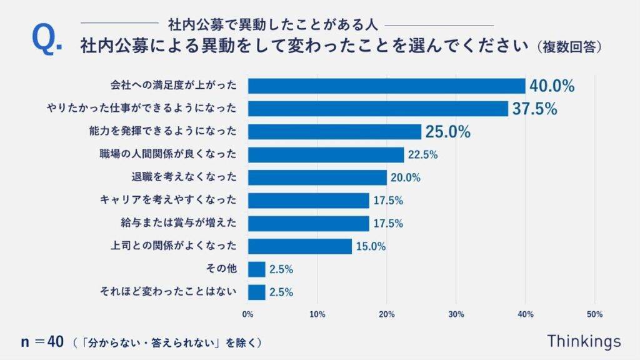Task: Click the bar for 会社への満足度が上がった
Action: point(386,86)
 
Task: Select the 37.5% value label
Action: point(534,109)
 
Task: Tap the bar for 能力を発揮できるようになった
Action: point(334,132)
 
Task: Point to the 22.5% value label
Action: point(422,154)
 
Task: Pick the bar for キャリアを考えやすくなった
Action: point(308,201)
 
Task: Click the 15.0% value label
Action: point(371,246)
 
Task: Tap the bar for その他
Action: point(256,269)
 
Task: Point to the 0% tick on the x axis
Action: point(248,314)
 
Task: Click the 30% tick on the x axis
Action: point(456,314)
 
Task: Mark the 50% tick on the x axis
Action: point(594,314)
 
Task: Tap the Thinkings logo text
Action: point(584,341)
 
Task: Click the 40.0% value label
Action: point(552,86)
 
